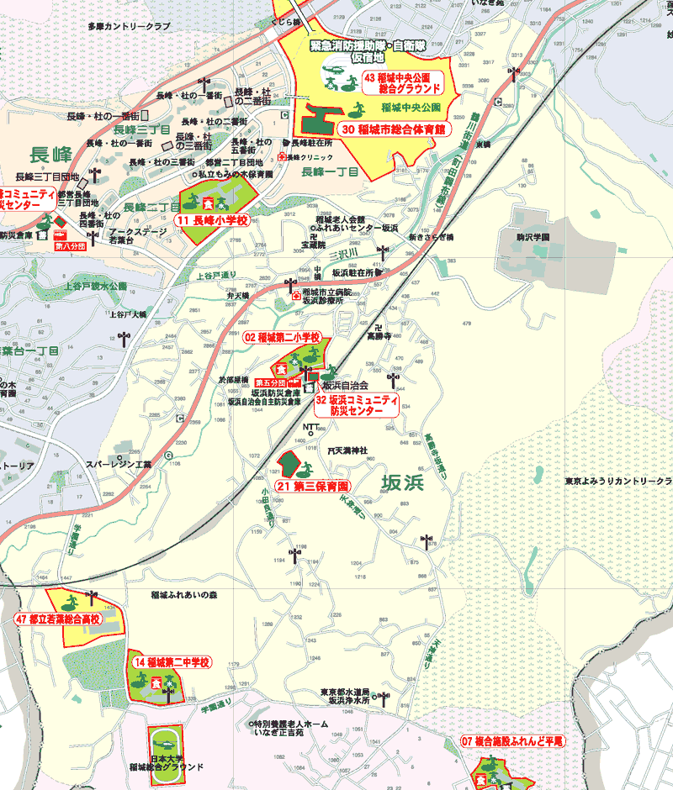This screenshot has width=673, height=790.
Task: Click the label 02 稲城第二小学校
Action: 283,337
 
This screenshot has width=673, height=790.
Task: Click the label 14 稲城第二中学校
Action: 171,662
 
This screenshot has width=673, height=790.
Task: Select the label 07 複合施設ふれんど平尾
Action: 512,741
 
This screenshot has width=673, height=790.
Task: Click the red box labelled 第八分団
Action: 70,247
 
